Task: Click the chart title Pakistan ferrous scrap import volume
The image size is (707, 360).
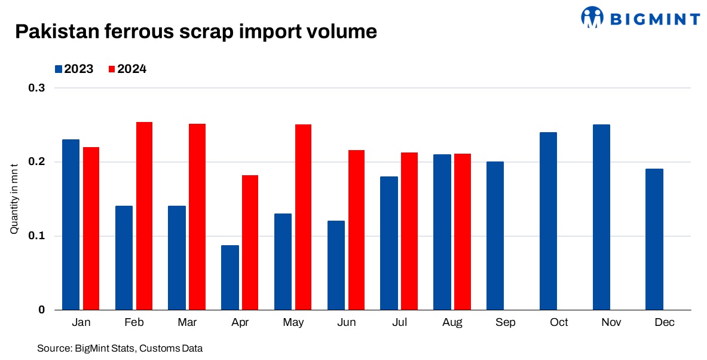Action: pyautogui.click(x=196, y=32)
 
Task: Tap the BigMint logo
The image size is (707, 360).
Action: pyautogui.click(x=639, y=18)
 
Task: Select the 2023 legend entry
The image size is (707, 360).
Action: pyautogui.click(x=74, y=69)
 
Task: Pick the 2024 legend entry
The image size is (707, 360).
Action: pyautogui.click(x=127, y=69)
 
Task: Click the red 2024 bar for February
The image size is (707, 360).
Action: pyautogui.click(x=144, y=216)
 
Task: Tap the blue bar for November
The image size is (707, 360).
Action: pyautogui.click(x=601, y=217)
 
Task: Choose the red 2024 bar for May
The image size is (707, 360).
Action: pyautogui.click(x=303, y=217)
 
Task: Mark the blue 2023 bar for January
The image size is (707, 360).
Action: pyautogui.click(x=71, y=224)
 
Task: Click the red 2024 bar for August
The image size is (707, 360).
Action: pyautogui.click(x=463, y=231)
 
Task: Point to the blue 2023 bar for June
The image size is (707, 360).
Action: pyautogui.click(x=336, y=265)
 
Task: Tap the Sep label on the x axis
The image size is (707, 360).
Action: pyautogui.click(x=505, y=323)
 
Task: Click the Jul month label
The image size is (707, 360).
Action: pyautogui.click(x=400, y=323)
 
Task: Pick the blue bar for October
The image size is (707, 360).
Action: pyautogui.click(x=548, y=221)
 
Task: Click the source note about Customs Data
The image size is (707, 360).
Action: pyautogui.click(x=120, y=348)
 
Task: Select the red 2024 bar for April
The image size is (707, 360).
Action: pyautogui.click(x=250, y=242)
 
